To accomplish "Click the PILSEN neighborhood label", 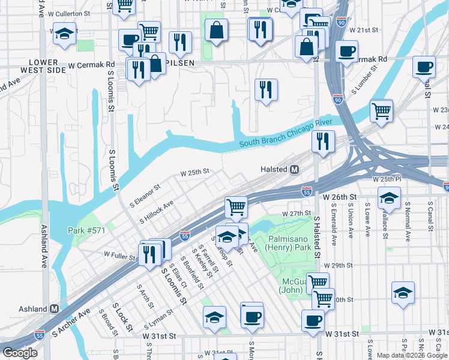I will coord(179,62).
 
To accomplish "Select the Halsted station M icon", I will coord(295,170).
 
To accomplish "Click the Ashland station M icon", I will coord(54,309).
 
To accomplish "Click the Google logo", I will coord(20,353).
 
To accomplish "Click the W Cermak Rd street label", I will coord(91,65).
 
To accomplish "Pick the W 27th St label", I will coord(295,214).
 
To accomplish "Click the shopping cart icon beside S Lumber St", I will coord(381,110).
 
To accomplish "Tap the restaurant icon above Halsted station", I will coord(323,142).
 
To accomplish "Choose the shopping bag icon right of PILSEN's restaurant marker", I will coord(154,64).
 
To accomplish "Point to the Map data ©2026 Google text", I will coord(412,355).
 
